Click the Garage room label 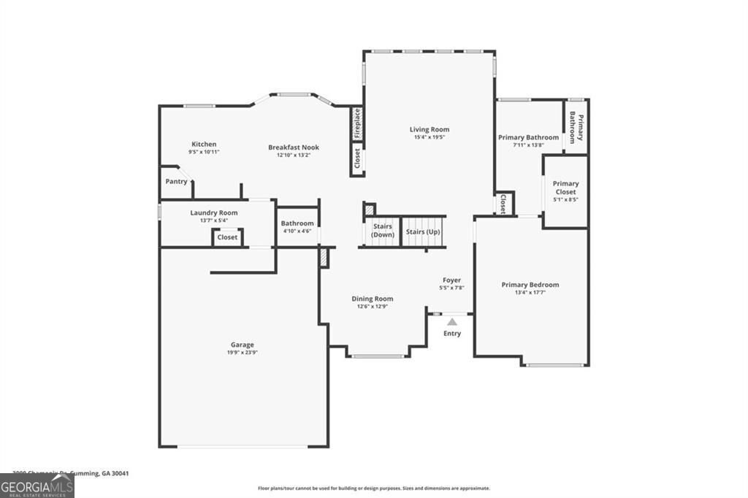pos(243,345)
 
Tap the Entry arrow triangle pos(452,321)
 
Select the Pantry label pos(176,181)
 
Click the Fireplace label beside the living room pos(357,123)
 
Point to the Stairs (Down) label pos(383,231)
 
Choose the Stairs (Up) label pos(422,231)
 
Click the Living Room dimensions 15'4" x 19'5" pos(429,137)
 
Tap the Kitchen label pos(204,144)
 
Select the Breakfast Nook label pos(294,147)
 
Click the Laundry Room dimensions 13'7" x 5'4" pos(214,220)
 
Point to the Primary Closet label pos(565,188)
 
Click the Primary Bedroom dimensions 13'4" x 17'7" pos(530,292)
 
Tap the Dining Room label pos(373,298)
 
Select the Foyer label pos(452,280)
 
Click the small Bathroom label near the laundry pos(297,223)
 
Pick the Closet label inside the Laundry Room pos(227,237)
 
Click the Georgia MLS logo pos(37,486)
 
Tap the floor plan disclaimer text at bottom pos(373,489)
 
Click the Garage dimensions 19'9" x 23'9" pos(243,352)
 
